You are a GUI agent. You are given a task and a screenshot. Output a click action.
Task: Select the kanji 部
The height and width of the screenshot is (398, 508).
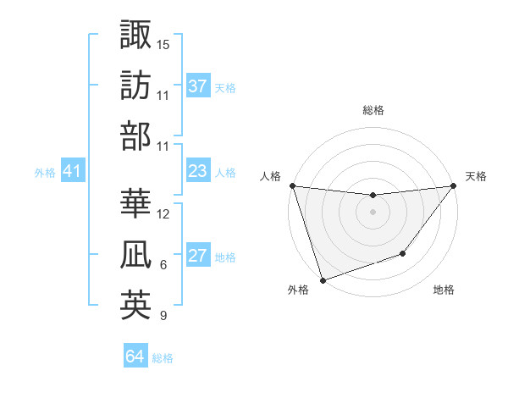(135, 135)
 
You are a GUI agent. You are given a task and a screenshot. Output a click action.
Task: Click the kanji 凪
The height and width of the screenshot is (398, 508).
(135, 254)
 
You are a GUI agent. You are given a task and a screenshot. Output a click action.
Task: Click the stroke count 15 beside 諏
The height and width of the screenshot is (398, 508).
(163, 44)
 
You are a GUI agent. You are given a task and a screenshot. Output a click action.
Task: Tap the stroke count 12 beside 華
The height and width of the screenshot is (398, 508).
(163, 214)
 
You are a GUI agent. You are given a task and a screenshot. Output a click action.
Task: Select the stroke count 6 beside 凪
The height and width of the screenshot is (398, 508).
(163, 265)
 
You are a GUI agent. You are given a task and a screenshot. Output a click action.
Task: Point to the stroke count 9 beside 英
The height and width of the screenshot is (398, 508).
(163, 316)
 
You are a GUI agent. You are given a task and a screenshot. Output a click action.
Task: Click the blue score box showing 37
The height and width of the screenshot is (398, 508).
(198, 86)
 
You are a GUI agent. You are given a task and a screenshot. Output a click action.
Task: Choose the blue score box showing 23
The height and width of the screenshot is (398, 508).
(198, 171)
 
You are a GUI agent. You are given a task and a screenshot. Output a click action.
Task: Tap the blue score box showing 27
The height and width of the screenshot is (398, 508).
(198, 257)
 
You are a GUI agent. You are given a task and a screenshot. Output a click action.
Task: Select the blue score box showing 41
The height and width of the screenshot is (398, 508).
(72, 172)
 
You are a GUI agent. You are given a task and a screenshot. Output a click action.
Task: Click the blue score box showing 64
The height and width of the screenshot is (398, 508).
(135, 357)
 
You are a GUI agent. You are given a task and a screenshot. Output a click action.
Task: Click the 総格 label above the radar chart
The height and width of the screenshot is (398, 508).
(373, 110)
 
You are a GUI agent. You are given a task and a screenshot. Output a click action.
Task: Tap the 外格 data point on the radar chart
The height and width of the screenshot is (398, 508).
(323, 280)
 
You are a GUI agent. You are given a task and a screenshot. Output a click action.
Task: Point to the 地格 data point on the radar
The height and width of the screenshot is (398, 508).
(404, 253)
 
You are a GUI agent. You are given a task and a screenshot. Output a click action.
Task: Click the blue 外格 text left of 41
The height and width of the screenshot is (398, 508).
(45, 173)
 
